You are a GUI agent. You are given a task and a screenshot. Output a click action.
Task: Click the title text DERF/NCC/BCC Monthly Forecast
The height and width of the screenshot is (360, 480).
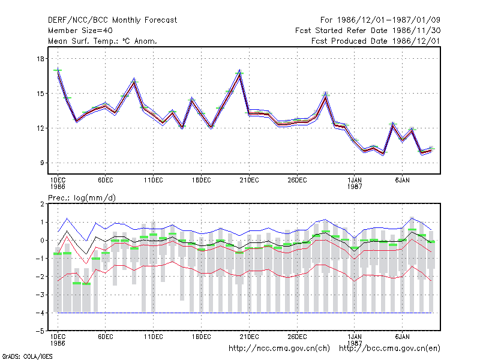pyautogui.click(x=112, y=20)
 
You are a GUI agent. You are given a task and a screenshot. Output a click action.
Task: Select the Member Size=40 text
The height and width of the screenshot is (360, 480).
pyautogui.click(x=80, y=31)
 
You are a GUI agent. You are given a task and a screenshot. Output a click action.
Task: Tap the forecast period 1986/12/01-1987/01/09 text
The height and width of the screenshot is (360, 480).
pyautogui.click(x=380, y=20)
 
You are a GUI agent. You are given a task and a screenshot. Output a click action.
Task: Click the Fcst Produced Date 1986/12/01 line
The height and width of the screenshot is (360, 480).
pyautogui.click(x=376, y=41)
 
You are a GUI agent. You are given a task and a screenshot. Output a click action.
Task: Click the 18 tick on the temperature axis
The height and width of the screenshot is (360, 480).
pyautogui.click(x=40, y=59)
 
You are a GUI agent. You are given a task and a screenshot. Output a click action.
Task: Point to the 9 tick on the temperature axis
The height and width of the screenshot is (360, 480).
pyautogui.click(x=42, y=163)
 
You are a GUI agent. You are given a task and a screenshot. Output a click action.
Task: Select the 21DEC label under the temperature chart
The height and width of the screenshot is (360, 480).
pyautogui.click(x=249, y=180)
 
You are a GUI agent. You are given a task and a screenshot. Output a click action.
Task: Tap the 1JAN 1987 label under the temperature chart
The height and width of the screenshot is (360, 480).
pyautogui.click(x=355, y=183)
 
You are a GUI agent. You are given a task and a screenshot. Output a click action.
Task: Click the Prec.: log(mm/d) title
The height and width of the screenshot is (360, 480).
pyautogui.click(x=82, y=198)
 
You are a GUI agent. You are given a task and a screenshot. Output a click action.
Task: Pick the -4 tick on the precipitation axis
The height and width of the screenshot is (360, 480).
pyautogui.click(x=40, y=313)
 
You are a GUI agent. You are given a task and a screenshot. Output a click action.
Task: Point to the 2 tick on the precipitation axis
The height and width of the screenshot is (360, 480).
pyautogui.click(x=42, y=204)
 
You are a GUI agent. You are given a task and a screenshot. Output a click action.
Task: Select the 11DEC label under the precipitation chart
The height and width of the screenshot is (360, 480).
pyautogui.click(x=154, y=337)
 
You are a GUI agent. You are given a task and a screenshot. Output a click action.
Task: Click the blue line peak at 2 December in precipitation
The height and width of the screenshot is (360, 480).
pyautogui.click(x=67, y=218)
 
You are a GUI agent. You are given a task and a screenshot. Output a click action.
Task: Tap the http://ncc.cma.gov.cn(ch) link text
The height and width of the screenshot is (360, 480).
pyautogui.click(x=279, y=349)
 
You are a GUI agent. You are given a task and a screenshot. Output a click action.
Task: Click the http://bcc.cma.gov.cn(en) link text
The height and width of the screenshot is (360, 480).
pyautogui.click(x=389, y=349)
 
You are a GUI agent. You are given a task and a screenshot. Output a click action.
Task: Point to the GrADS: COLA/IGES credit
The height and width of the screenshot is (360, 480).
pyautogui.click(x=27, y=356)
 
